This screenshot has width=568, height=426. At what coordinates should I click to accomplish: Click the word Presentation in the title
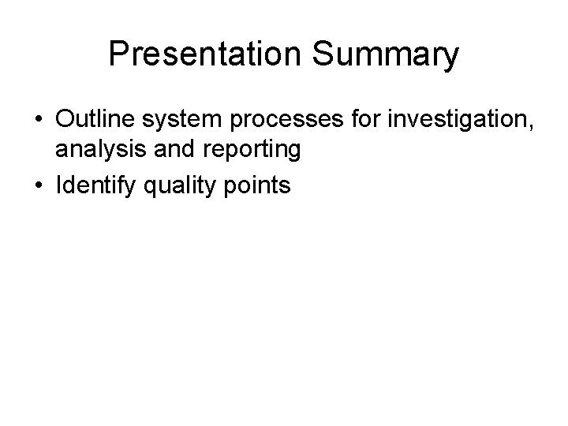coord(209,54)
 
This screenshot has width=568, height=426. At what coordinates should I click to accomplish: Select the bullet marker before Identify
coord(38,186)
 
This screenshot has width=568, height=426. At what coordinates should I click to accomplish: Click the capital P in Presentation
coord(118,54)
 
